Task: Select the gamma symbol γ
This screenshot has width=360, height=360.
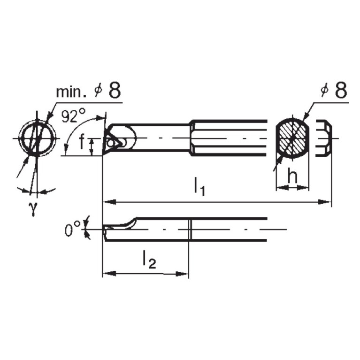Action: pos(34,210)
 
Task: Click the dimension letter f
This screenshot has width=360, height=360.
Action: pos(82,143)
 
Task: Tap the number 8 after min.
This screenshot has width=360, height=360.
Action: pos(115,90)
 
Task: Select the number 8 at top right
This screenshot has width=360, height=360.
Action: pos(341,90)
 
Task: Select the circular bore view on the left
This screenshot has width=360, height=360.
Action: pos(37,138)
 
